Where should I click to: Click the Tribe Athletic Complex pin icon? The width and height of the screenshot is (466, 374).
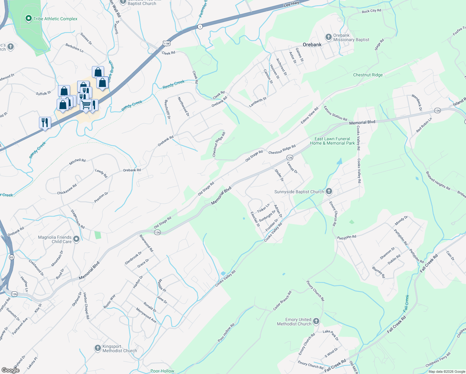[29, 19]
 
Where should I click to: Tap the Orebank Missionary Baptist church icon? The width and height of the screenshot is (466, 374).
[328, 37]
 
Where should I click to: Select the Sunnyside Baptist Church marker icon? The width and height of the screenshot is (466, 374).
[329, 192]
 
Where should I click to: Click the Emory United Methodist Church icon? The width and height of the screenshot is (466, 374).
[316, 321]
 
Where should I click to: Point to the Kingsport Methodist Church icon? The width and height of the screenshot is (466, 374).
[98, 348]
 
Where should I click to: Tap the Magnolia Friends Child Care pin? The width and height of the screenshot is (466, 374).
[77, 239]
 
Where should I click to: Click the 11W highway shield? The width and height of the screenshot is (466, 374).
[167, 44]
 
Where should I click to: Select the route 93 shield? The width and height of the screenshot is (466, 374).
[12, 257]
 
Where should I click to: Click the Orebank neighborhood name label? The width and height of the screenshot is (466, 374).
[312, 45]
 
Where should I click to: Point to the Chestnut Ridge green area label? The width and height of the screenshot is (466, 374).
[368, 75]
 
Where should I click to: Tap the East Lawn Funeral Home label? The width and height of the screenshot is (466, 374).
[332, 141]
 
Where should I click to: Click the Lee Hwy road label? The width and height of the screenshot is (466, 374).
[291, 4]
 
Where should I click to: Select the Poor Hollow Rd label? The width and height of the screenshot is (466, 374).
[226, 333]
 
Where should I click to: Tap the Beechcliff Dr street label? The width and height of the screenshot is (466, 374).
[168, 109]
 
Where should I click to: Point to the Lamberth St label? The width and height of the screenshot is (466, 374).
[258, 102]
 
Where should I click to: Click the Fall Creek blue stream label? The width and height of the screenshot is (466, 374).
[406, 303]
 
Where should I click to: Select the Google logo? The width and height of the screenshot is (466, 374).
[10, 370]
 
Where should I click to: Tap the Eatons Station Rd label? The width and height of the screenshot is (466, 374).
[335, 113]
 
